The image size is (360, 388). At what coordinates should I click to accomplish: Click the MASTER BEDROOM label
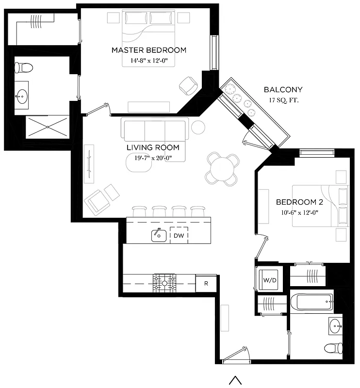[148, 50]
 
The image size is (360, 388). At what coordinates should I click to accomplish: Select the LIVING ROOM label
[152, 147]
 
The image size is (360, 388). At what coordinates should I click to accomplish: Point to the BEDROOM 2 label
[297, 202]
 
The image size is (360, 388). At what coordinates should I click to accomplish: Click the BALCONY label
[283, 90]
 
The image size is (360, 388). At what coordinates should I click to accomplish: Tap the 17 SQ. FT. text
[283, 100]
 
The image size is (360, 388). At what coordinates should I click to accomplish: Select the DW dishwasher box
[179, 235]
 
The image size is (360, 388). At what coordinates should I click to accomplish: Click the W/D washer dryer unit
[269, 280]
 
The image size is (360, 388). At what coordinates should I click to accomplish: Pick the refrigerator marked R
[206, 283]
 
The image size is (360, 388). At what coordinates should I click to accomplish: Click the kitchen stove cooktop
[164, 283]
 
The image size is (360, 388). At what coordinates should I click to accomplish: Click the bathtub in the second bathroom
[311, 302]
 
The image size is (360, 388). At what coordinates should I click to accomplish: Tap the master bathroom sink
[21, 97]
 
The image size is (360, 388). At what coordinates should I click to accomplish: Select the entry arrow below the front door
[235, 380]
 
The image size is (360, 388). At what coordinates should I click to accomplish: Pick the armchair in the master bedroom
[188, 86]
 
